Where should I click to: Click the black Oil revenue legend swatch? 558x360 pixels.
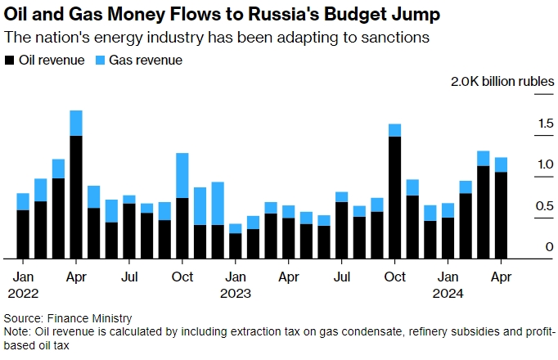coord(9,61)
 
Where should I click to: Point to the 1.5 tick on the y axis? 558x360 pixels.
coord(522,124)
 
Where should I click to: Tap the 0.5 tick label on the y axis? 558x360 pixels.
coord(522,206)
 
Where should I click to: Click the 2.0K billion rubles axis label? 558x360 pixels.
coord(502,82)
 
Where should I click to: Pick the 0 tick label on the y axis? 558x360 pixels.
coord(527,247)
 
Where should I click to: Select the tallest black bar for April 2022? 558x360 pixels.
coord(76,196)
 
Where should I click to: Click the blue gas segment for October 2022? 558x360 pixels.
coord(182,175)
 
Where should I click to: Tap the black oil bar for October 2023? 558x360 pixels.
coord(394,197)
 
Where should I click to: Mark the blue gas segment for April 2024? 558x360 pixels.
coord(501,164)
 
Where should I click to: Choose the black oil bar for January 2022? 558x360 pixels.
coord(23,234)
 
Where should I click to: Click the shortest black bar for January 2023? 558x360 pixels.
coord(236,245)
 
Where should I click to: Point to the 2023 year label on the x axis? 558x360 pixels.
coord(236,293)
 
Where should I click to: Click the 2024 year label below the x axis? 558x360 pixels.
coord(448,293)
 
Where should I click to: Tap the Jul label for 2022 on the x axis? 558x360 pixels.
coord(129,277)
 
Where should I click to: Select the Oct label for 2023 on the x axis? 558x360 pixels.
coord(394,277)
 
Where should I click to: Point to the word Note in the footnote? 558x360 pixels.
coord(16,331)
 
